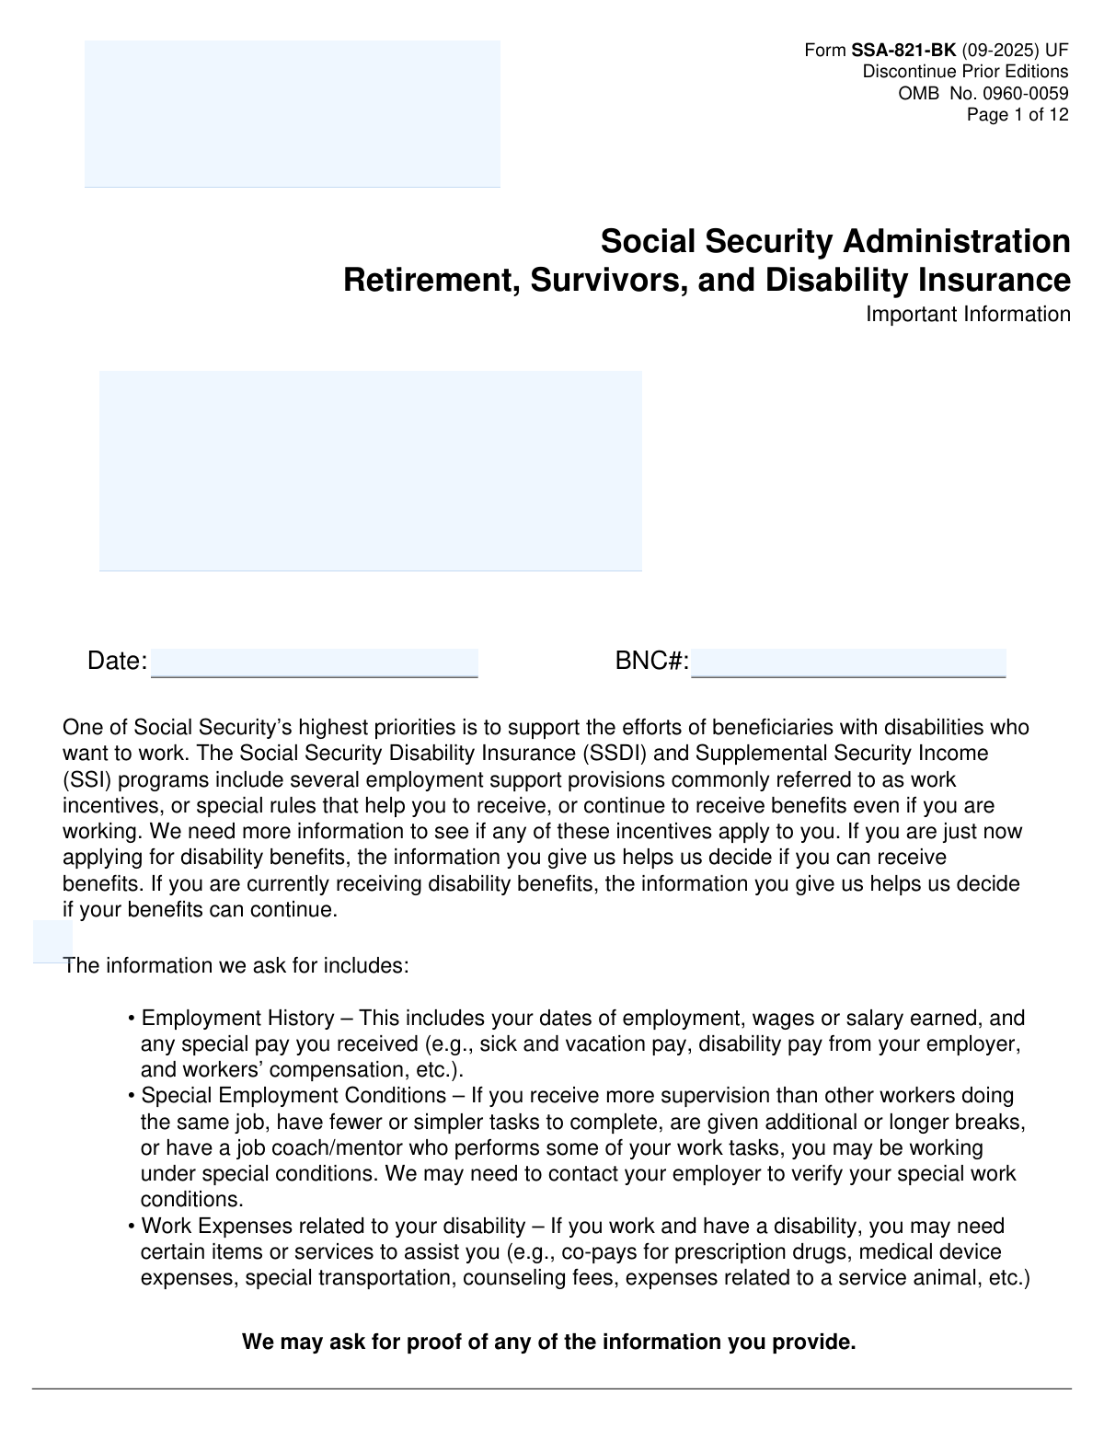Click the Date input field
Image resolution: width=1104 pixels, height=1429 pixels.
[x=314, y=663]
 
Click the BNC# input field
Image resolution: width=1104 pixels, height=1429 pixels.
[x=847, y=663]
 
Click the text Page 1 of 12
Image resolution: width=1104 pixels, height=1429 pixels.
[x=1017, y=115]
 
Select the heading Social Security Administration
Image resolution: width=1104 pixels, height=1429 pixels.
[x=834, y=242]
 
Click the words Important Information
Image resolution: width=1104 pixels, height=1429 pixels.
[x=968, y=315]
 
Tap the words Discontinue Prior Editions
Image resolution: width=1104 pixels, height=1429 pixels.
[x=965, y=72]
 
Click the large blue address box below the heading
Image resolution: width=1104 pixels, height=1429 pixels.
[x=370, y=470]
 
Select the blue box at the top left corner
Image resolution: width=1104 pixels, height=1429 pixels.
[x=292, y=113]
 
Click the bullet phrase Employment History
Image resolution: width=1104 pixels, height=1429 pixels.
[x=237, y=1019]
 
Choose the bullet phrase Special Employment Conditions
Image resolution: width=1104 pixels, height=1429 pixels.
[x=293, y=1096]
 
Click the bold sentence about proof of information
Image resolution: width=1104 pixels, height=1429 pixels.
[x=548, y=1343]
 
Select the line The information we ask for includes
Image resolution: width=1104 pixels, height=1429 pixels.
[x=236, y=966]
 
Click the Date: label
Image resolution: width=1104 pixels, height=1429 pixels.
[x=117, y=662]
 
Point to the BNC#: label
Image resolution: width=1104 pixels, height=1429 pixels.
[x=651, y=662]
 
